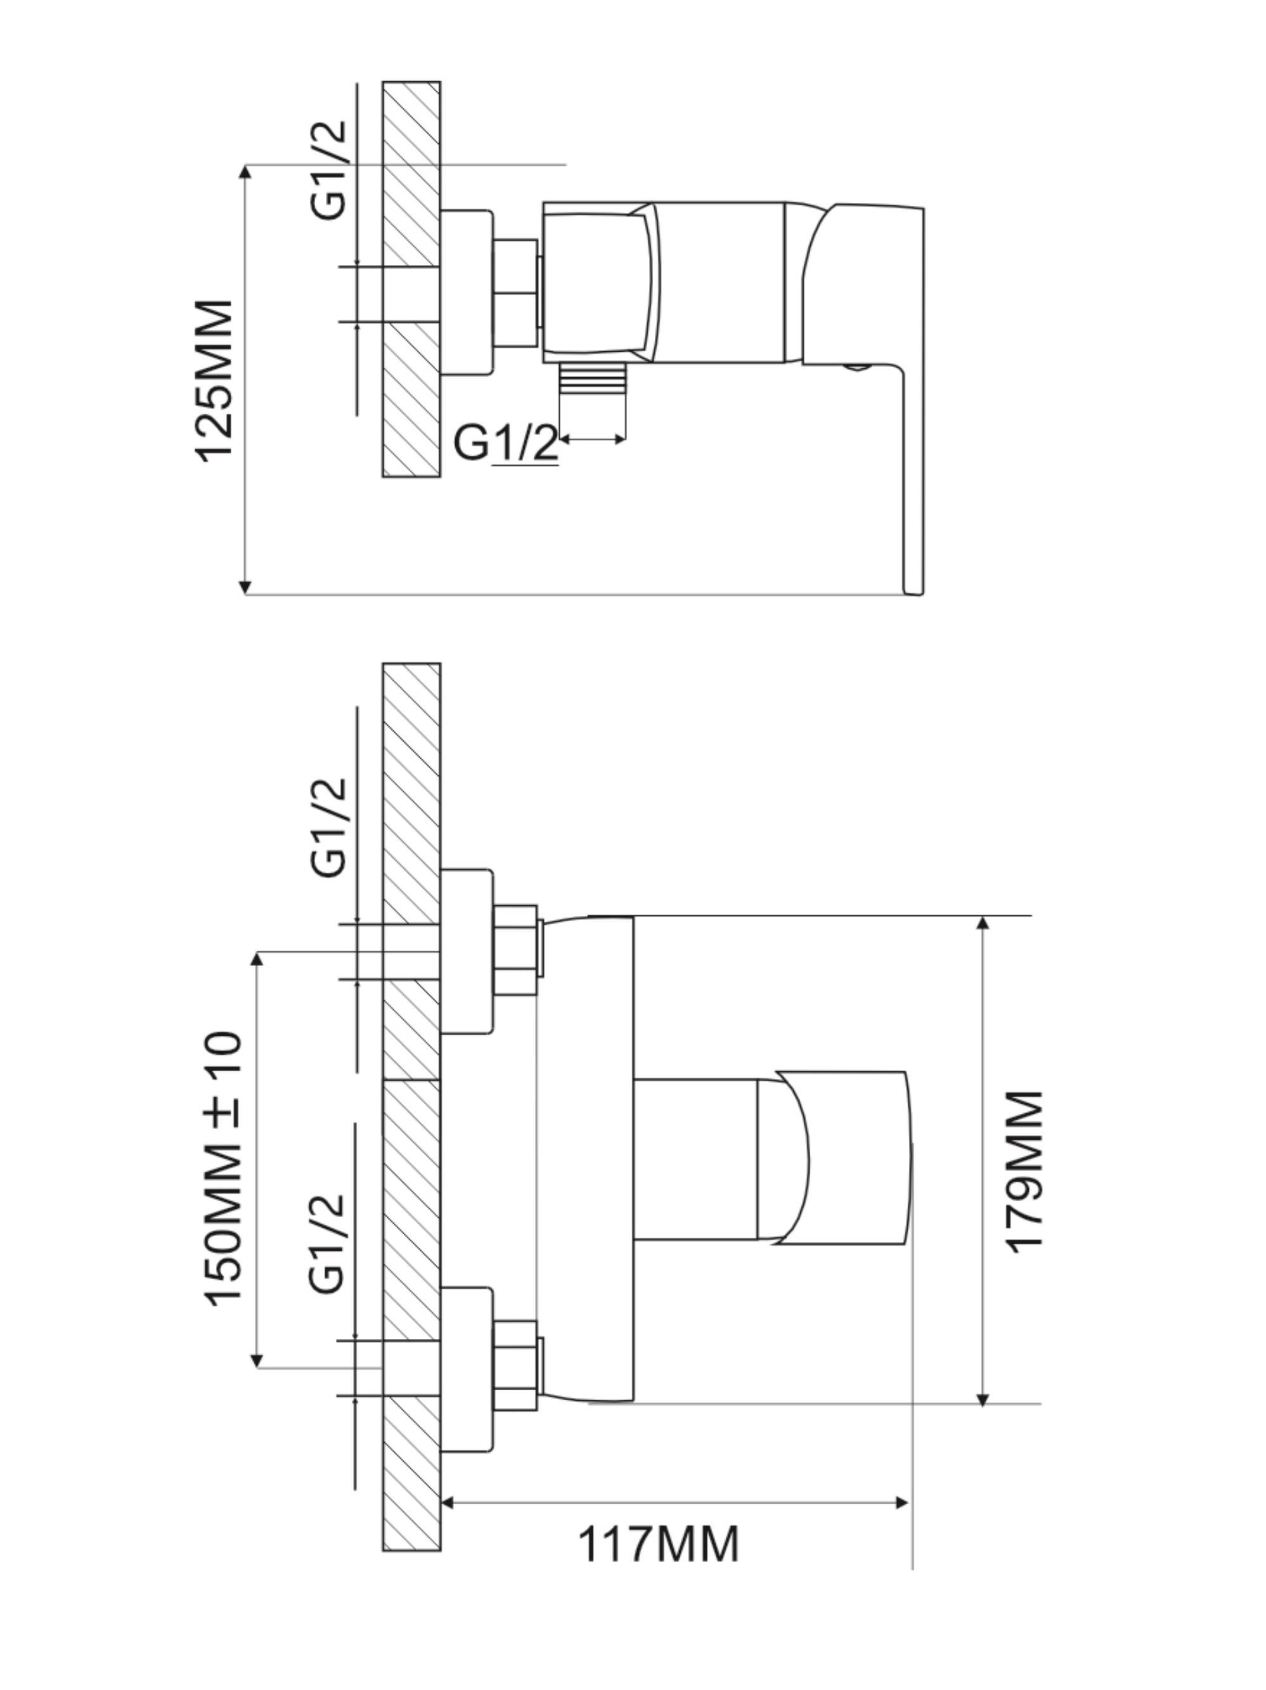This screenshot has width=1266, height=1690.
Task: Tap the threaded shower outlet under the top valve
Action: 592,379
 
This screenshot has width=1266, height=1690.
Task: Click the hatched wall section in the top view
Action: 411,279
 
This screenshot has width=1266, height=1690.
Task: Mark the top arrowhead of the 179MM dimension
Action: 983,922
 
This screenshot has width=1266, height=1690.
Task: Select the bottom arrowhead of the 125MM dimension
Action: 245,587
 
